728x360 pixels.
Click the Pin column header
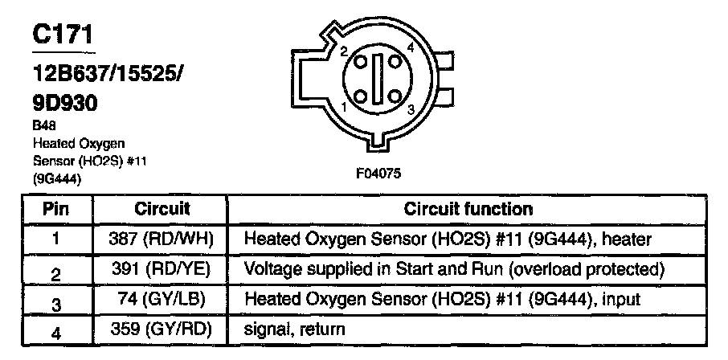click(x=55, y=209)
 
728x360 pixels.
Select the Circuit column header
click(x=161, y=209)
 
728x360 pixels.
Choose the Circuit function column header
click(x=468, y=209)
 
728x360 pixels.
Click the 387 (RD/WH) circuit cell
click(x=161, y=239)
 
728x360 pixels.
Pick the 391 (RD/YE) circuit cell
click(x=161, y=268)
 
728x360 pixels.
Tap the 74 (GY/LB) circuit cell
click(x=161, y=298)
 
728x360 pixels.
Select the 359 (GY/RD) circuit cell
click(x=161, y=328)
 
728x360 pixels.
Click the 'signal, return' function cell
click(x=294, y=328)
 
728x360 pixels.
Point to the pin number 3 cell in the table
click(x=55, y=301)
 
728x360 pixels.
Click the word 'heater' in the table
click(x=628, y=239)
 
